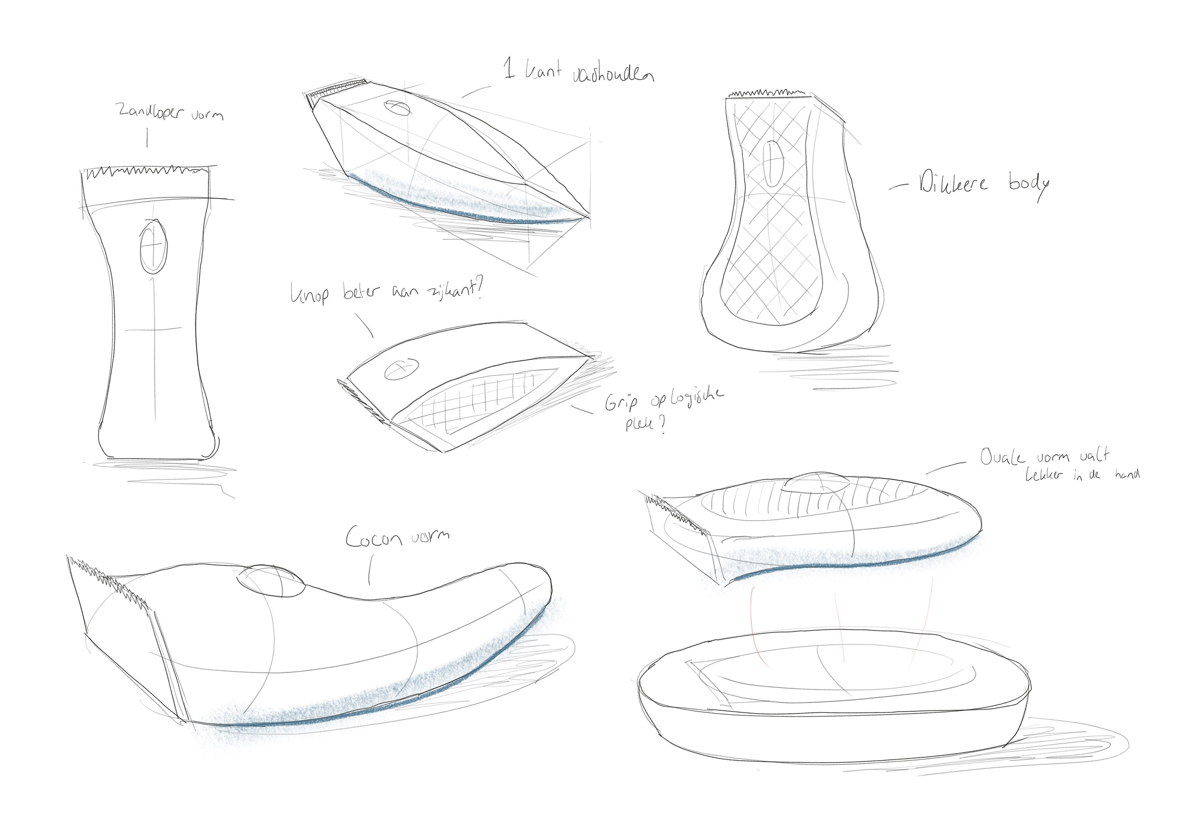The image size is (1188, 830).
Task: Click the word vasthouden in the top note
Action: (613, 75)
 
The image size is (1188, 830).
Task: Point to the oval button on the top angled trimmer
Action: (397, 108)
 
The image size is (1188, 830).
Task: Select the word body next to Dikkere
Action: (1029, 184)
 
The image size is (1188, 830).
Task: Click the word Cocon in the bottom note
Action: (374, 538)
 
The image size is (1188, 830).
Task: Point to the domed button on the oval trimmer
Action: (816, 483)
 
